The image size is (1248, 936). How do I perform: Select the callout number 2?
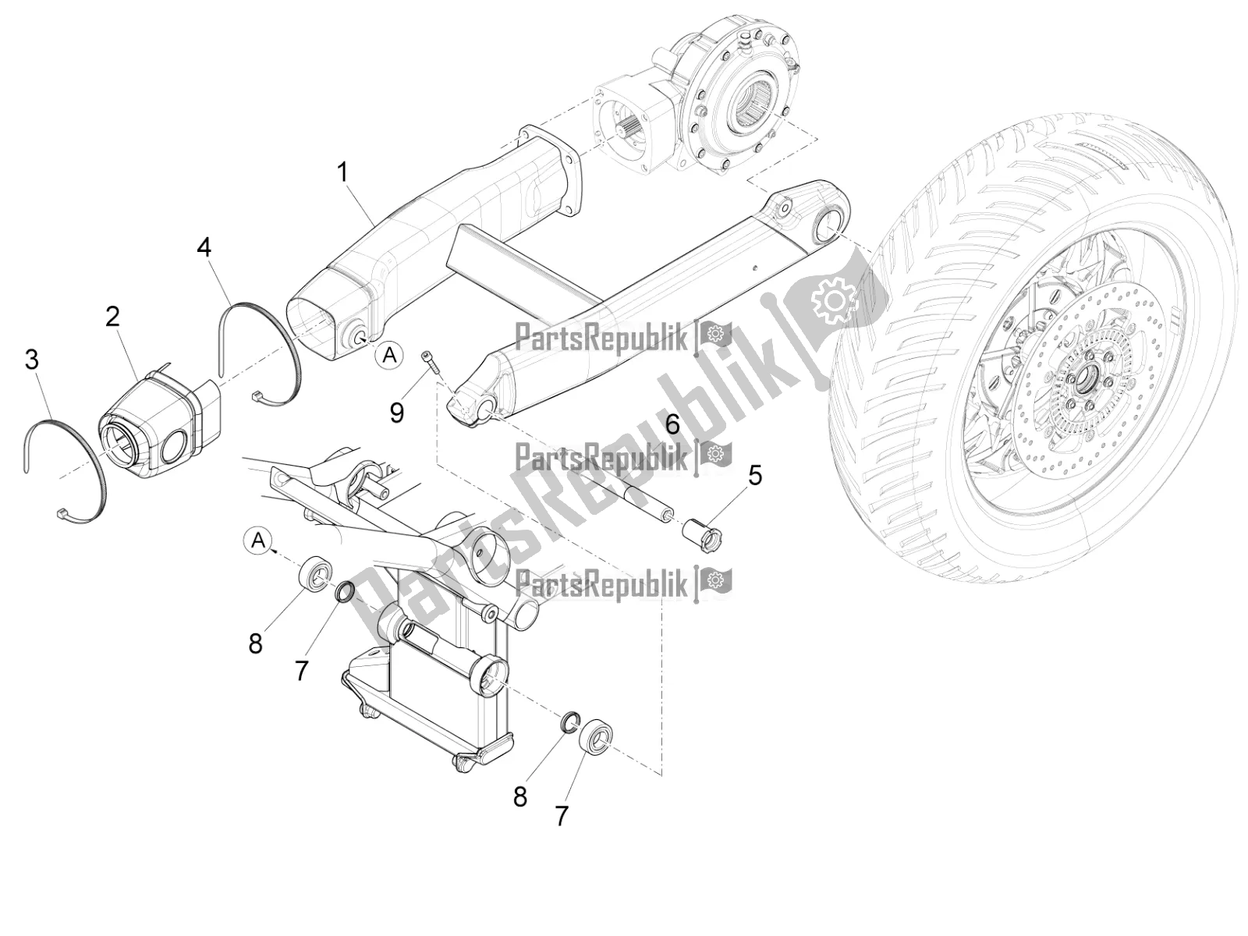[113, 317]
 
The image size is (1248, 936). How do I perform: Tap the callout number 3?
[32, 360]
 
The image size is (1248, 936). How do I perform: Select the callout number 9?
[397, 411]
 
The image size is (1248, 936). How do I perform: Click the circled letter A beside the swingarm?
[389, 356]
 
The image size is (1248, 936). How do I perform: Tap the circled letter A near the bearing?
[259, 540]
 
